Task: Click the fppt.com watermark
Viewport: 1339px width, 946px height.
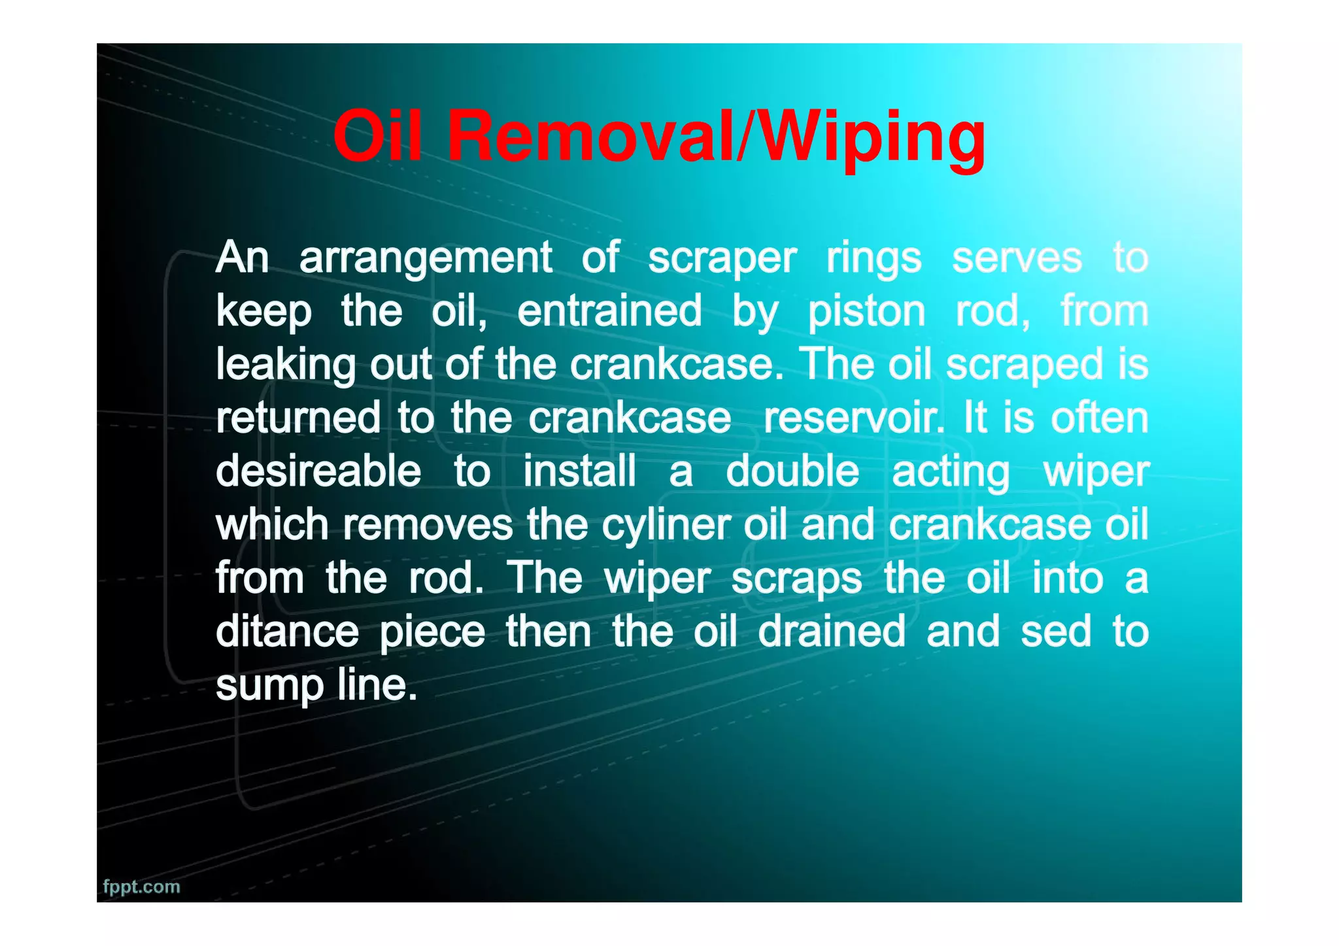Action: (141, 887)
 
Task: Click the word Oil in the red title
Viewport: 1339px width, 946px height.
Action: (377, 137)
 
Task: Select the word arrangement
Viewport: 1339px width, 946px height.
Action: (426, 258)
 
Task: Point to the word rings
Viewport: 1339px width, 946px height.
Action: (873, 258)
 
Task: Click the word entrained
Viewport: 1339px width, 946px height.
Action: (609, 311)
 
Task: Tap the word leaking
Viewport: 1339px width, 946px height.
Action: (286, 365)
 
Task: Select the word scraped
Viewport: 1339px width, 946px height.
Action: (1025, 365)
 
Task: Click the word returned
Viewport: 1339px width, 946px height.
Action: (298, 418)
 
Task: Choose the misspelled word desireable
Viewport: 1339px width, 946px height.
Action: (318, 471)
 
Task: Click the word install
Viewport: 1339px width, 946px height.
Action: (579, 471)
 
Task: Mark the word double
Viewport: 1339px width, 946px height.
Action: (792, 471)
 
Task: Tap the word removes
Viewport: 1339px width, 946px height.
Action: (428, 524)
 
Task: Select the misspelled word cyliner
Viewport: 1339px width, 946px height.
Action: (666, 526)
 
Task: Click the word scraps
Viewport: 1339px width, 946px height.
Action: (796, 579)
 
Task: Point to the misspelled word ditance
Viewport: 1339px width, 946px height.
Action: (287, 632)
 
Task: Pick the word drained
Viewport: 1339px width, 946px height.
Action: (832, 632)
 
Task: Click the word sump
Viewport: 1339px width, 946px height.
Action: (269, 686)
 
